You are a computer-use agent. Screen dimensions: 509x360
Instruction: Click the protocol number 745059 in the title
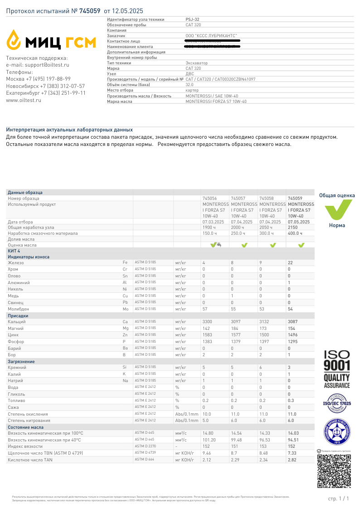(90, 10)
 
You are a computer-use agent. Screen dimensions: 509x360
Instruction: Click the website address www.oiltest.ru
(23, 100)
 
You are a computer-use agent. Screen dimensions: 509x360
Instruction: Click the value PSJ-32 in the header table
(192, 19)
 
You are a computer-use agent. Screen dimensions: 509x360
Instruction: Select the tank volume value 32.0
(190, 85)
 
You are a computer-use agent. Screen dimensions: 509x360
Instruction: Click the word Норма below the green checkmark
(337, 226)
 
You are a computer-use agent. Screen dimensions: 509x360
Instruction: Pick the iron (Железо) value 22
(291, 263)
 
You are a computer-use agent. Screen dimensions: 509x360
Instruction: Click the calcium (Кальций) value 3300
(207, 321)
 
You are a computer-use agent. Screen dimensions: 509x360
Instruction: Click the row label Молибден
(19, 309)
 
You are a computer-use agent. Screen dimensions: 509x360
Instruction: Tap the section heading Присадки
(18, 315)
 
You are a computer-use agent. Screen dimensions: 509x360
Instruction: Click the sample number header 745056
(209, 198)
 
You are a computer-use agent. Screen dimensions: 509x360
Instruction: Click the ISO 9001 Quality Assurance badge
(337, 369)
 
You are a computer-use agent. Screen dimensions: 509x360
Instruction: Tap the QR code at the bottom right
(333, 472)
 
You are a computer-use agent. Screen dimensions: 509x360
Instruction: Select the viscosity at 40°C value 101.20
(209, 440)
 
